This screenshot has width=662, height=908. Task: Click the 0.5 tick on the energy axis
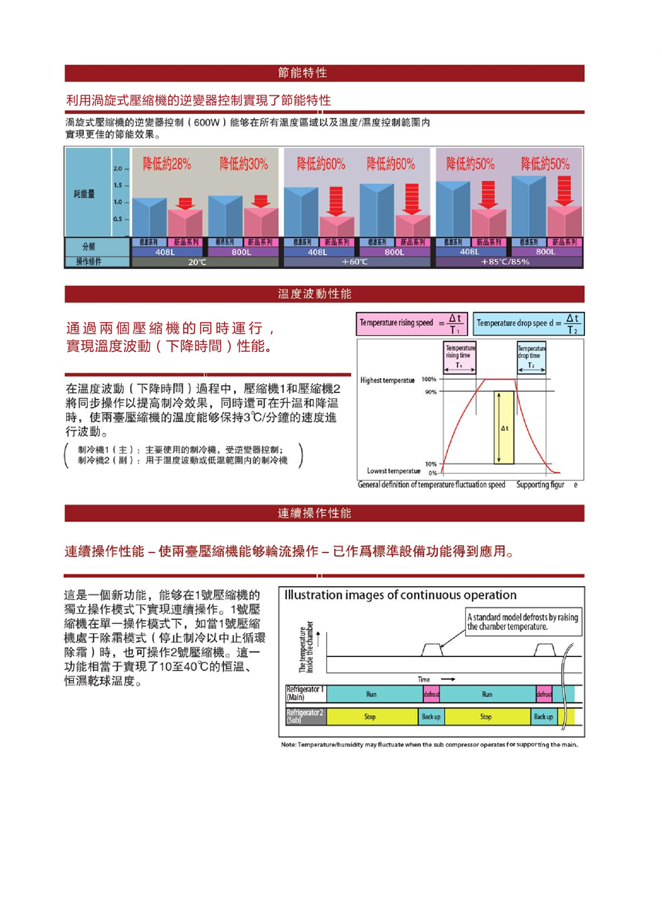tap(118, 219)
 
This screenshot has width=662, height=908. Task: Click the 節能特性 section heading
tap(303, 73)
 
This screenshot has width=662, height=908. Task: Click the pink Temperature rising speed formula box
tap(412, 323)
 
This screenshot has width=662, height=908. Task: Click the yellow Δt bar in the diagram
tap(504, 426)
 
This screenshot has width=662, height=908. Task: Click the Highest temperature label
tap(387, 380)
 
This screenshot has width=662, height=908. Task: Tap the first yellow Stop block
tap(370, 716)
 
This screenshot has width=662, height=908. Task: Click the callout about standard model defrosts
tap(521, 621)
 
